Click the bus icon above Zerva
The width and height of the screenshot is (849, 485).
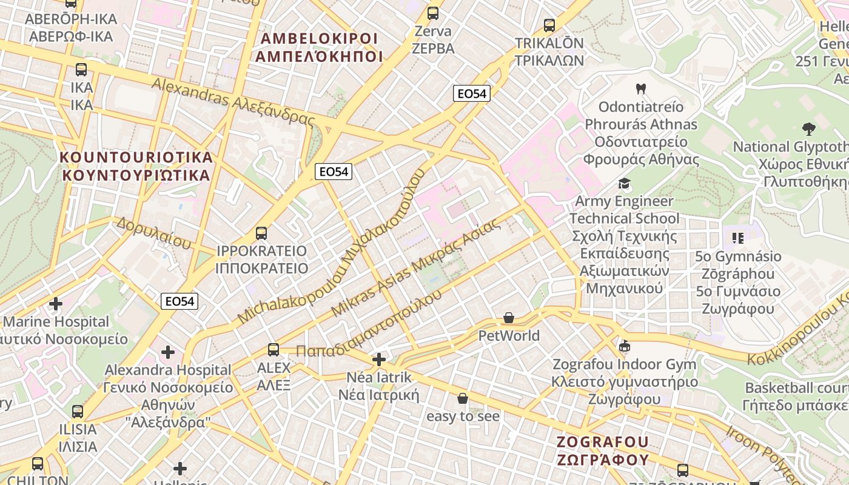[x=433, y=13]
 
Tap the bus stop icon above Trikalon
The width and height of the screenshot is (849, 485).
[x=549, y=25]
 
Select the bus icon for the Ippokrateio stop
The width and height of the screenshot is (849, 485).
[x=261, y=233]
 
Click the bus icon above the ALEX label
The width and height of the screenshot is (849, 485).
[x=273, y=349]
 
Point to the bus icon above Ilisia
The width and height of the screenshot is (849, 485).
[x=78, y=412]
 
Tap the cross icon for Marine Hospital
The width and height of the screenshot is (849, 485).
[x=56, y=303]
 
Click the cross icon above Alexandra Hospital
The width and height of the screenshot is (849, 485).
[x=168, y=352]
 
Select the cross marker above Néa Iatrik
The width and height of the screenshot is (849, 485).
[x=379, y=360]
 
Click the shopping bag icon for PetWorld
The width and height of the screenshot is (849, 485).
[x=509, y=318]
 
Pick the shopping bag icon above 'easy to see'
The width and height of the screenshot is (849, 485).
[x=463, y=398]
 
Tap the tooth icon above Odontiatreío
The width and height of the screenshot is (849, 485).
[x=640, y=89]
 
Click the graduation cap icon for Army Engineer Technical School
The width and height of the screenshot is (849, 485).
[x=624, y=183]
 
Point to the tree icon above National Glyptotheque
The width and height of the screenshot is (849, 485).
[x=808, y=129]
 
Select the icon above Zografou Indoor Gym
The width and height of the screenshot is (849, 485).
[x=624, y=346]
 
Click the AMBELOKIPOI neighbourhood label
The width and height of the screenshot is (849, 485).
[x=319, y=47]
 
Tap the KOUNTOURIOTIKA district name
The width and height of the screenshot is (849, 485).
[x=136, y=166]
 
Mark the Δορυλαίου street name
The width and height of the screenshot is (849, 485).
[x=154, y=233]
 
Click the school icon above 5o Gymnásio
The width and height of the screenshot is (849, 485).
[x=738, y=238]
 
